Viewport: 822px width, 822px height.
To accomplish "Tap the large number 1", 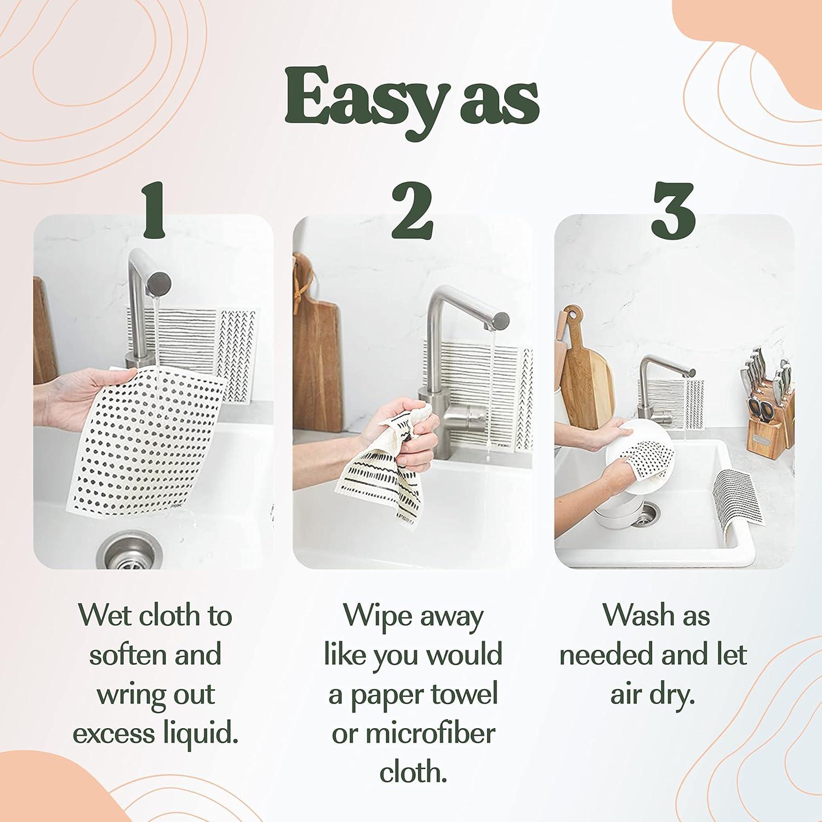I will coord(155,211).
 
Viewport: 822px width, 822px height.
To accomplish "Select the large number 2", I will coord(412,211).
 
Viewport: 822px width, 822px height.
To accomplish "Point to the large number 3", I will coord(673,211).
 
